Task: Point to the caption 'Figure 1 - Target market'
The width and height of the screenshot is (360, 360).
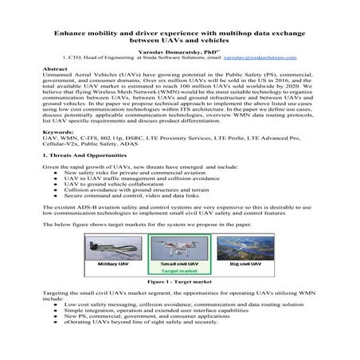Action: pos(179,281)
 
